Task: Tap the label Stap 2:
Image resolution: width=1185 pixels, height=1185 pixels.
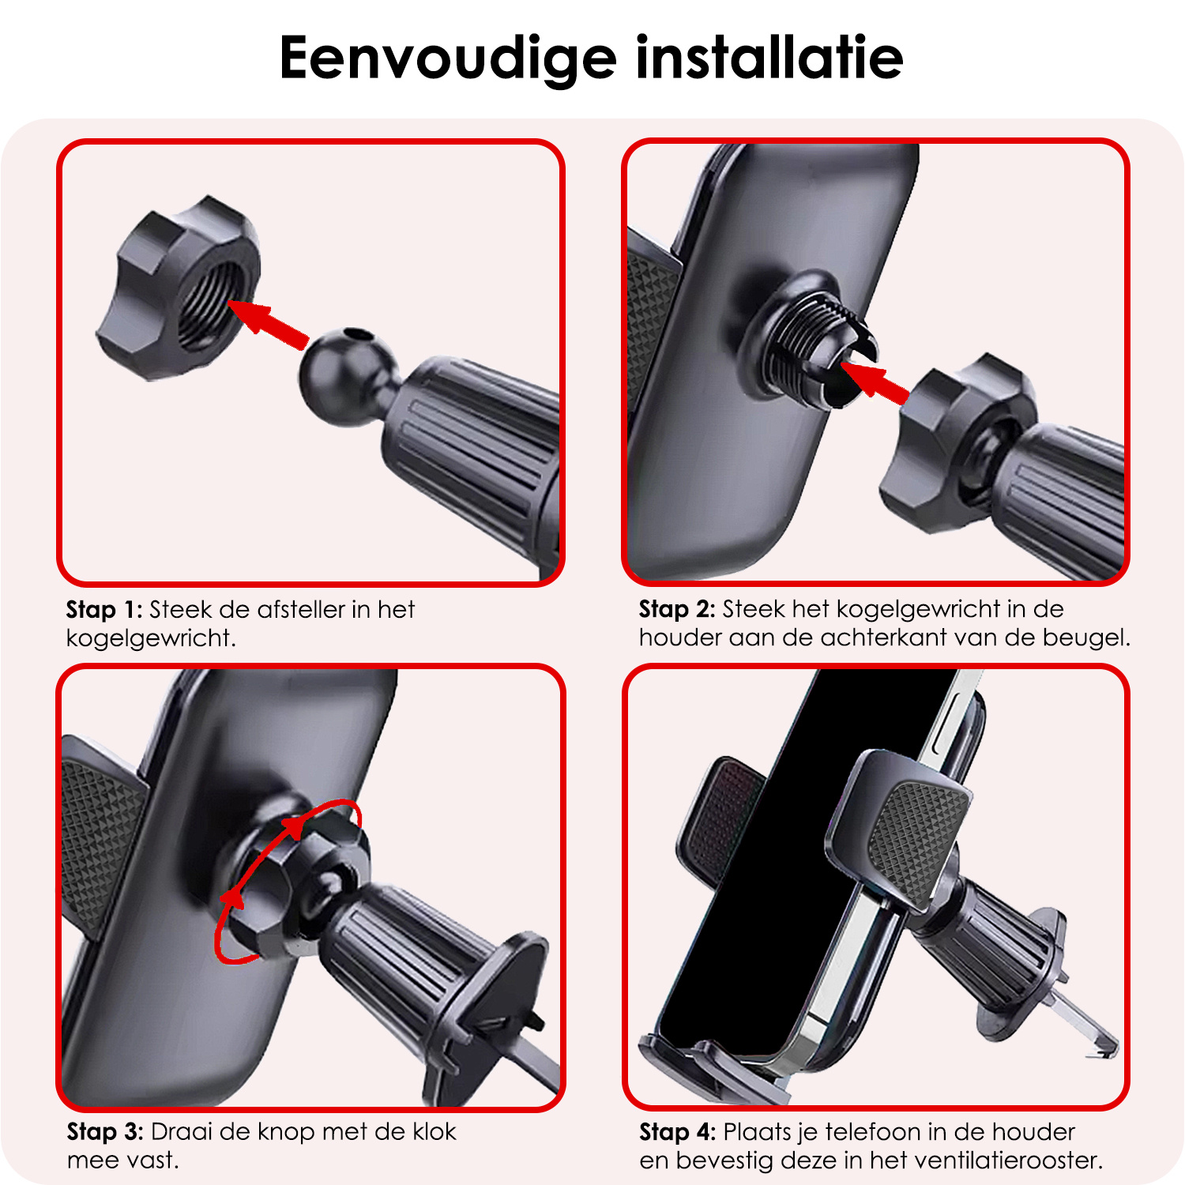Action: (x=677, y=609)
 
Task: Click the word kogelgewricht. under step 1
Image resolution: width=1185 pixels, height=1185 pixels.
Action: (x=151, y=638)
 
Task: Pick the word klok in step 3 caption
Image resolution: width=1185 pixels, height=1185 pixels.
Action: (x=434, y=1132)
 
